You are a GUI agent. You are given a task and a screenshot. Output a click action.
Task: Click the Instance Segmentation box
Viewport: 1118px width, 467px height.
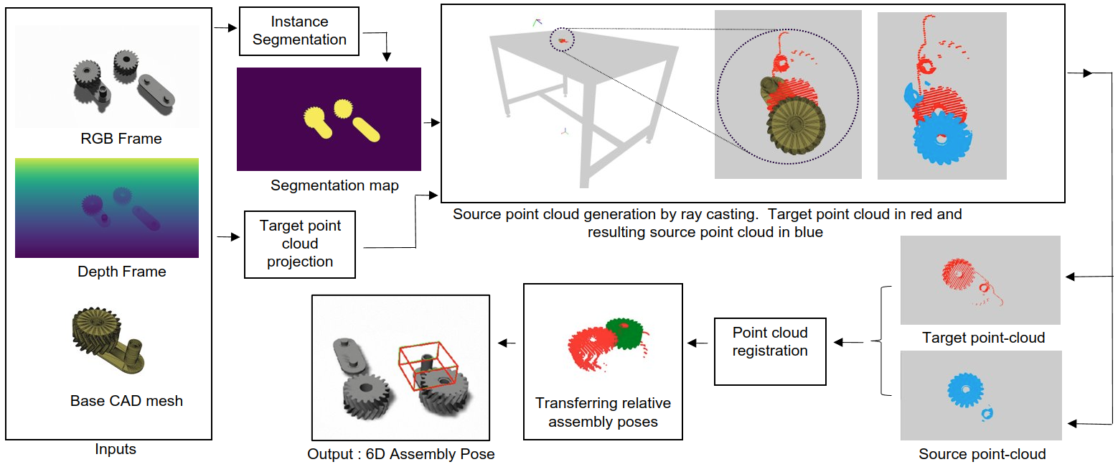299,32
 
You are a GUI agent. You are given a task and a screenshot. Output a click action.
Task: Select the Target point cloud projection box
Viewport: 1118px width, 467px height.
300,244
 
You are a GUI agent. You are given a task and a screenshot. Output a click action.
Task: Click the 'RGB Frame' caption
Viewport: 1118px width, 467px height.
121,139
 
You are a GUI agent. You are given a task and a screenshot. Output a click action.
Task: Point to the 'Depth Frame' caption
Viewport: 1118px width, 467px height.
122,272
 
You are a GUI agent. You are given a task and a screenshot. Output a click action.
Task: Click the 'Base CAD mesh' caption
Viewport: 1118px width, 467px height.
126,401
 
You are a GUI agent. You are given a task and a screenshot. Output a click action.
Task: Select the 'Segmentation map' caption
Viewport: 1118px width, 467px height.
334,185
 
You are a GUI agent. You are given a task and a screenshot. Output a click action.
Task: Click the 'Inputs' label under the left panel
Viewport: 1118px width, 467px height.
116,450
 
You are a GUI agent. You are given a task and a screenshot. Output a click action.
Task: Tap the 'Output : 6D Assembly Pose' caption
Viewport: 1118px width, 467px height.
401,454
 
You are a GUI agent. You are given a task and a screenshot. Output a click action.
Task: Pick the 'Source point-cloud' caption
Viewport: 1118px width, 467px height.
982,454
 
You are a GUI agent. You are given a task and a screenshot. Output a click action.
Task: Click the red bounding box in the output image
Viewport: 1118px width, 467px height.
428,366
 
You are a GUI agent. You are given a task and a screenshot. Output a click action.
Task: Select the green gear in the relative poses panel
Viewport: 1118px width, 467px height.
622,332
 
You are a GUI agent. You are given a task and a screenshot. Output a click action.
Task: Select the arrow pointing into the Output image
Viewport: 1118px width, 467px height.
507,343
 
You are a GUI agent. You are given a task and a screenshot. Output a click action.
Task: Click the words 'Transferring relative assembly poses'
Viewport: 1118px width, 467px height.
603,412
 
